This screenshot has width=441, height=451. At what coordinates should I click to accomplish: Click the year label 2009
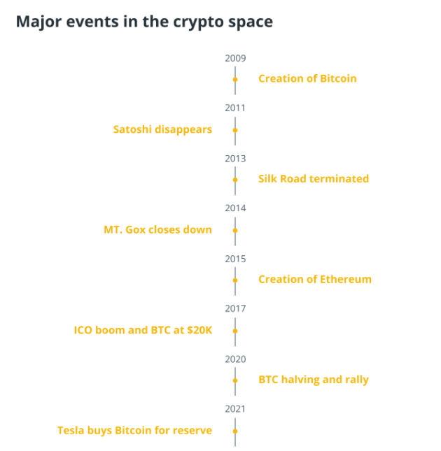pyautogui.click(x=235, y=58)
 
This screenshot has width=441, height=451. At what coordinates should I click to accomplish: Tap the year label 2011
pyautogui.click(x=235, y=108)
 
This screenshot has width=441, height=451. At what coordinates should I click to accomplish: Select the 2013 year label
pyautogui.click(x=235, y=159)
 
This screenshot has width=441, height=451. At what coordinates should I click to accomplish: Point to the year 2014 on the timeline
pyautogui.click(x=235, y=208)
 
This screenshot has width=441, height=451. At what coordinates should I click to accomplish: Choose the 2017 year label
pyautogui.click(x=235, y=308)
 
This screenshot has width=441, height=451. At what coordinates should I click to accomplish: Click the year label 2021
pyautogui.click(x=235, y=409)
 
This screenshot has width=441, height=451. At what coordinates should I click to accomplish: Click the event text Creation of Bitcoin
pyautogui.click(x=307, y=78)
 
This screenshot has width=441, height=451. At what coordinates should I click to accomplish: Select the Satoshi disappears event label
pyautogui.click(x=162, y=130)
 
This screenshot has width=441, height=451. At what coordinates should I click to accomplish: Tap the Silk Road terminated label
pyautogui.click(x=314, y=178)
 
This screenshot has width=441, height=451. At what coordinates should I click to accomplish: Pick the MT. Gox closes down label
pyautogui.click(x=157, y=229)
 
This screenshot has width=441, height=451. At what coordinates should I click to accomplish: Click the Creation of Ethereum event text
pyautogui.click(x=315, y=279)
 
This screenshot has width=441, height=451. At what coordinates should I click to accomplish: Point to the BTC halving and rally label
pyautogui.click(x=314, y=380)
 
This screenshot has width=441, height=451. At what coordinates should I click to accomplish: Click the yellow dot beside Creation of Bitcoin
pyautogui.click(x=235, y=80)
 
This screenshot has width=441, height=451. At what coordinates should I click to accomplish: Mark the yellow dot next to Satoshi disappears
pyautogui.click(x=235, y=130)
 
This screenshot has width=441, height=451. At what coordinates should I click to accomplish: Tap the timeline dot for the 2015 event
pyautogui.click(x=235, y=280)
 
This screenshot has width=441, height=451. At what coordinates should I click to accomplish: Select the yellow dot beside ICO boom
pyautogui.click(x=235, y=331)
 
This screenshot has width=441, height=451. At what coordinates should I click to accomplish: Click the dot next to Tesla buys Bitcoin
pyautogui.click(x=235, y=431)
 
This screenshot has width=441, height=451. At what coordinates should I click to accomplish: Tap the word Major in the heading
pyautogui.click(x=38, y=22)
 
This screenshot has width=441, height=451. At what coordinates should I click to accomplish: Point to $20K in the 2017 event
pyautogui.click(x=199, y=330)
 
